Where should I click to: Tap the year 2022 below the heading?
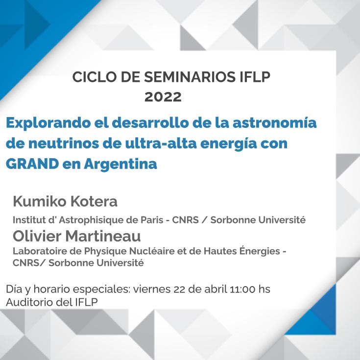(163, 97)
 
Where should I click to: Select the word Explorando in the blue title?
(48, 123)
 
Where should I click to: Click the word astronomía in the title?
(275, 122)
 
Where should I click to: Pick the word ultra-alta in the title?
(161, 143)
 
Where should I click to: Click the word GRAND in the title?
(32, 164)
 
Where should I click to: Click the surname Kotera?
(94, 201)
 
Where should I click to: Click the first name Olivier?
(37, 236)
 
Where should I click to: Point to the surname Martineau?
(103, 236)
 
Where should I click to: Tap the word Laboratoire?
(40, 251)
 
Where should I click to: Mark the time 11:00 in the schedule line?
(242, 289)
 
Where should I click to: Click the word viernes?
(152, 289)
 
